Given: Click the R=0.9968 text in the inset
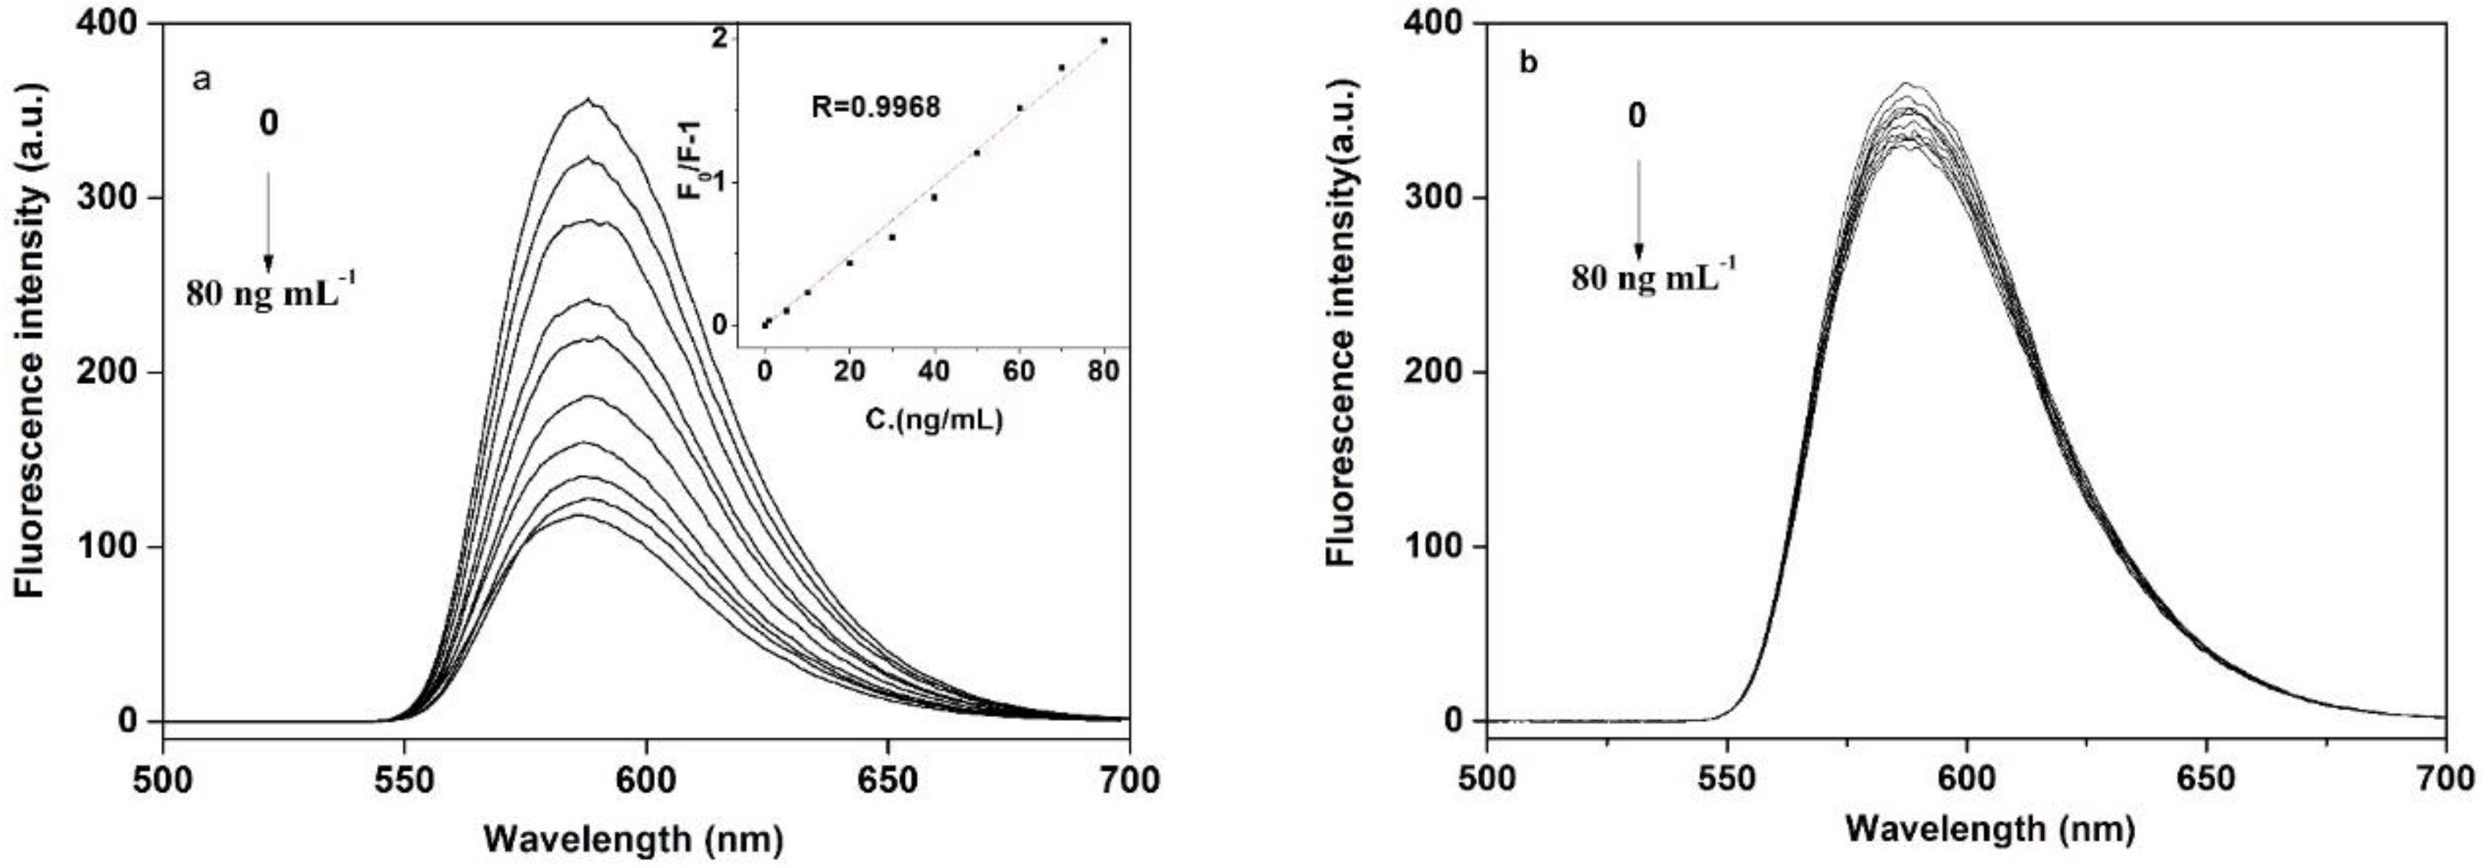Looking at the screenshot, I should pos(874,106).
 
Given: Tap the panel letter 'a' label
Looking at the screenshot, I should pos(201,79).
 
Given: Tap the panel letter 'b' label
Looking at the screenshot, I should pos(1528,64).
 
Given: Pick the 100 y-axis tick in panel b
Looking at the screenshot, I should pos(1430,547).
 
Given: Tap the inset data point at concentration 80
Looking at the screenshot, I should pos(1103,40).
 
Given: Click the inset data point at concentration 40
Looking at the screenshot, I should pos(934,197).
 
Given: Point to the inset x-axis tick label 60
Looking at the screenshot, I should pos(1018,372).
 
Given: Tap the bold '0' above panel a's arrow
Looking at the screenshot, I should pos(269,124).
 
